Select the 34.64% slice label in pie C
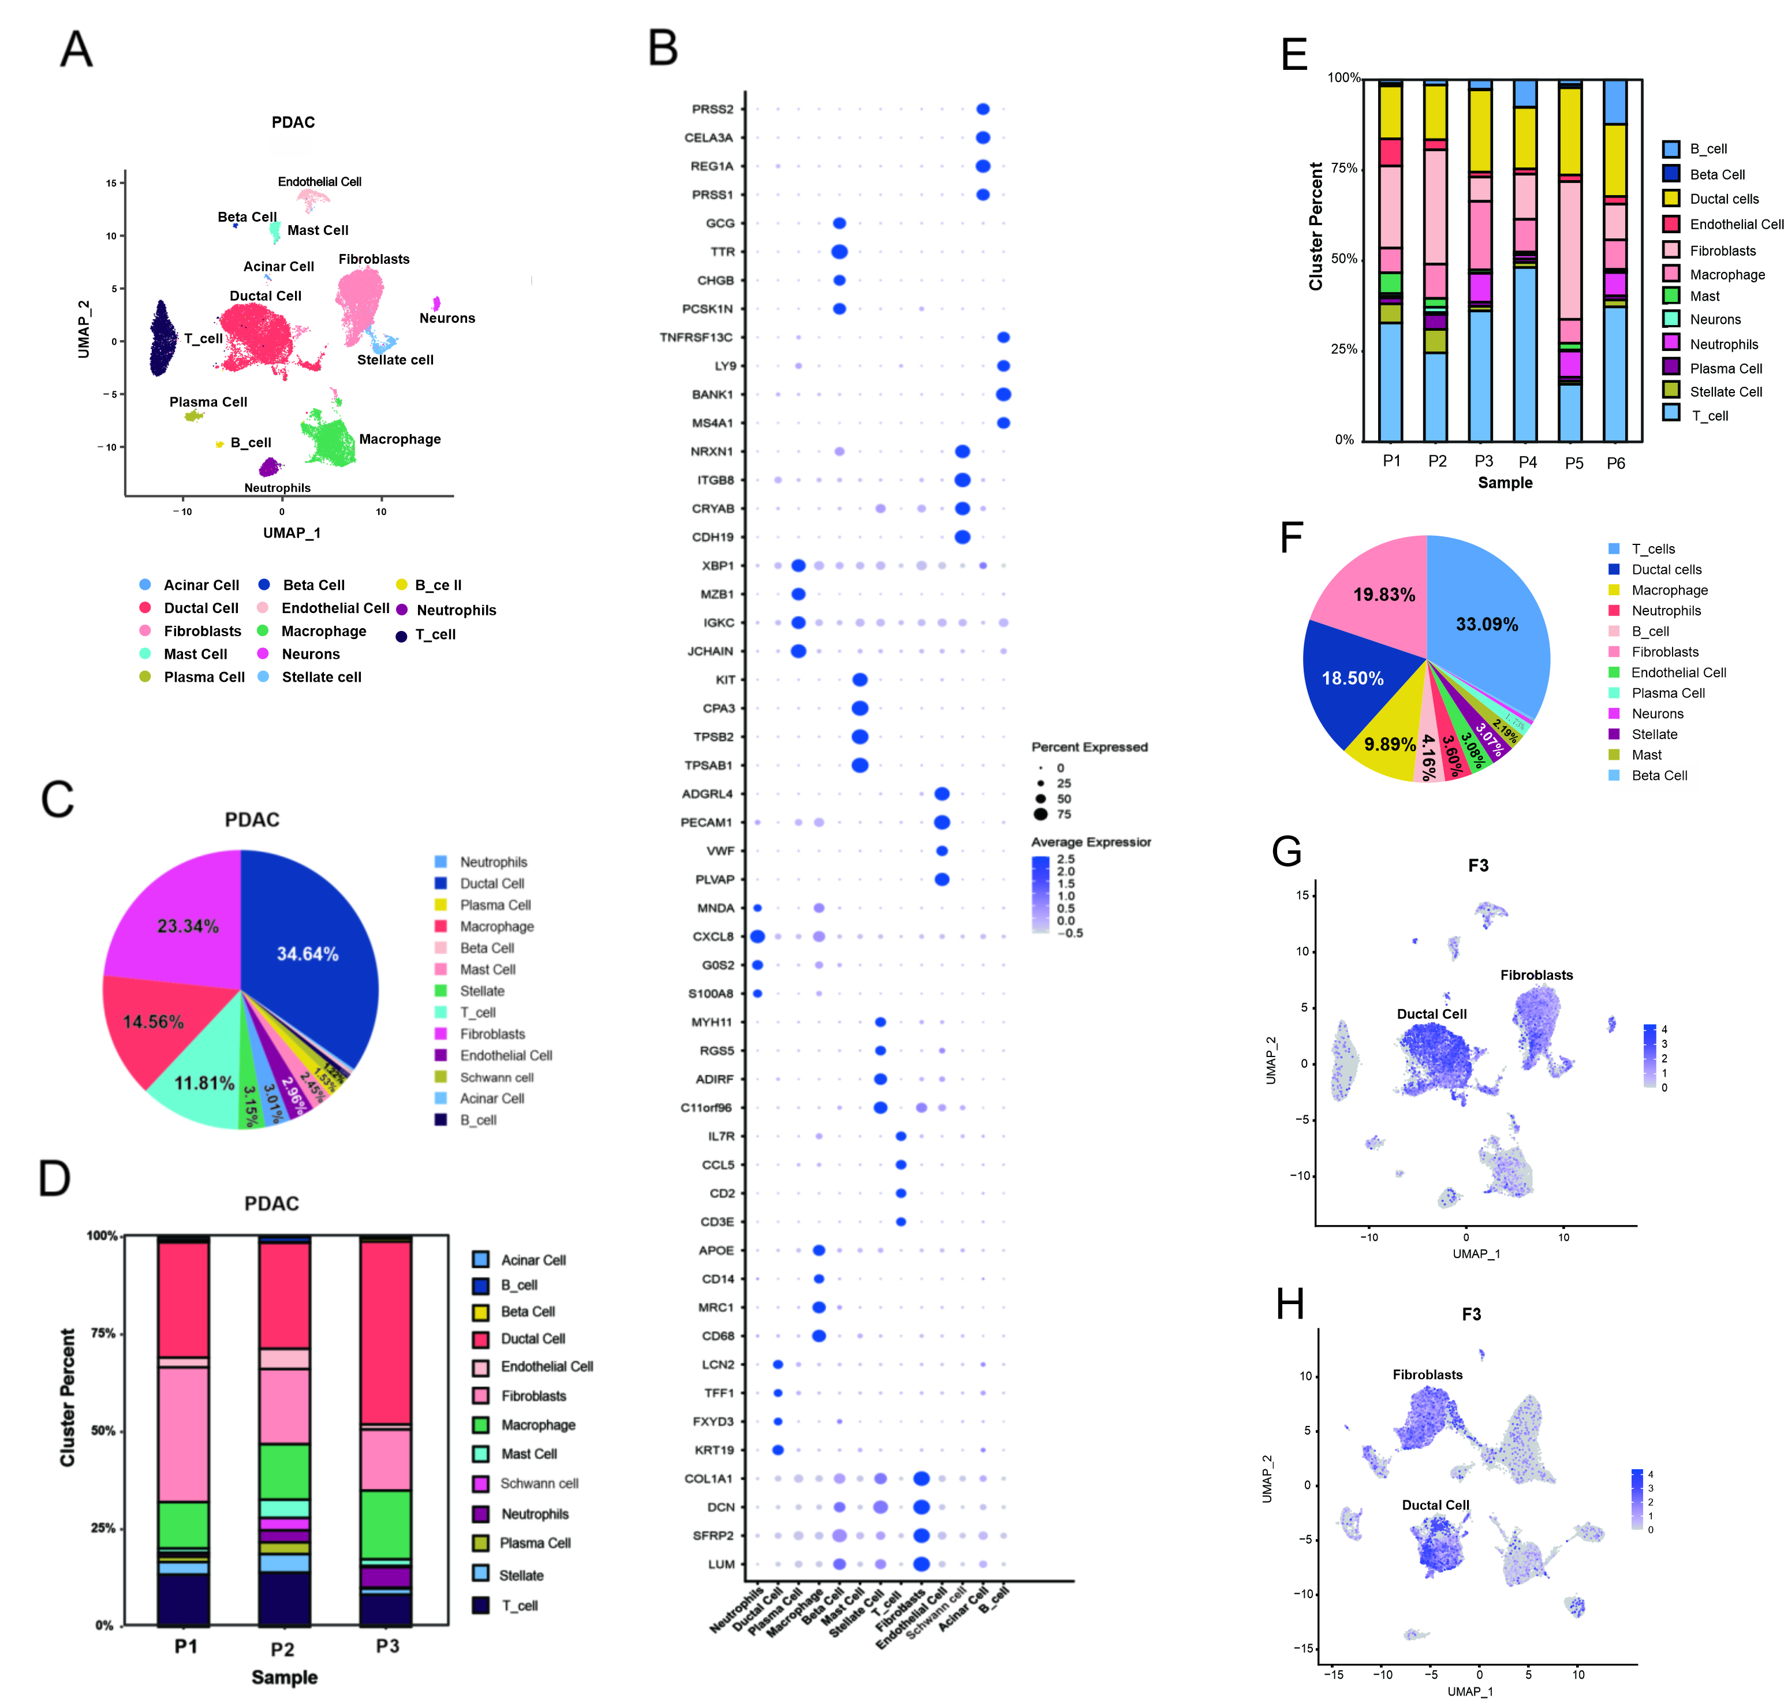pos(307,954)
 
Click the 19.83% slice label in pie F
pos(1384,595)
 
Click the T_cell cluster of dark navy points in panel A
pos(164,339)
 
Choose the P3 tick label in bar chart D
pos(387,1645)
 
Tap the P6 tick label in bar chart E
pos(1615,463)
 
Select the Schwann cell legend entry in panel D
pos(539,1484)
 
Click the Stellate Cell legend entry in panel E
pos(1725,392)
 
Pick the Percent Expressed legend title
pos(1089,747)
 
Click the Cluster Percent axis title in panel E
pos(1316,226)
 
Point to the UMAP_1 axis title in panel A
pos(292,532)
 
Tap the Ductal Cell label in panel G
pos(1431,1014)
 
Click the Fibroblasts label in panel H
pos(1427,1375)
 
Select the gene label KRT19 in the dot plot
pos(714,1450)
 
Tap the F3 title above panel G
pos(1478,866)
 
